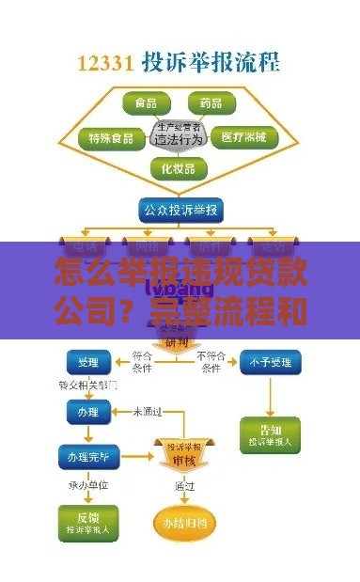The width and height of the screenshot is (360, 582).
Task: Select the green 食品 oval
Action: pyautogui.click(x=146, y=102)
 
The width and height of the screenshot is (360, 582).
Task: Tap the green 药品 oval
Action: pyautogui.click(x=211, y=102)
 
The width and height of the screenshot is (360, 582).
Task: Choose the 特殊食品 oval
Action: pyautogui.click(x=111, y=138)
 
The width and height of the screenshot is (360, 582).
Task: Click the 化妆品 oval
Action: pyautogui.click(x=179, y=169)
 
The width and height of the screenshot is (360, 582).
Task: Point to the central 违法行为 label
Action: pyautogui.click(x=179, y=138)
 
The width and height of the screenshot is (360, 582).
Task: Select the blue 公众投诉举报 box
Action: pyautogui.click(x=179, y=209)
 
